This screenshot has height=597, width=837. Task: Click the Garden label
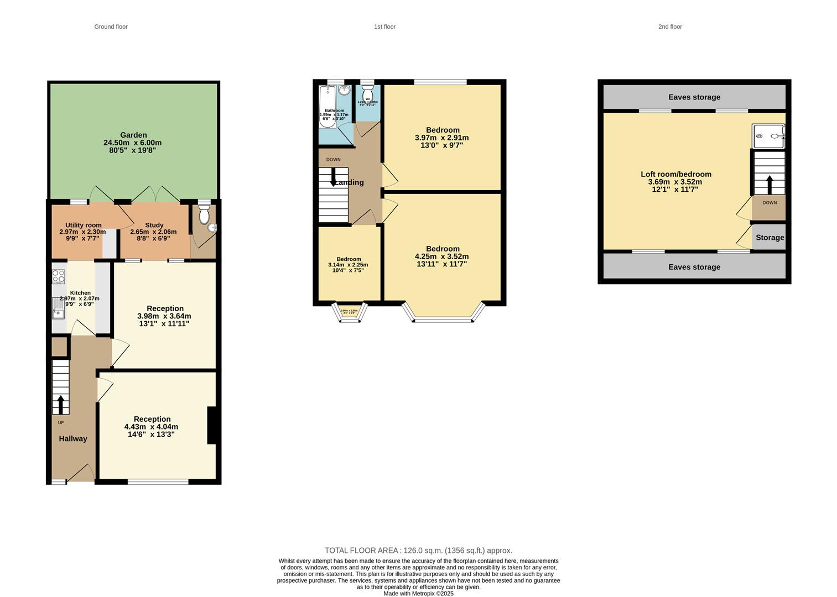(133, 135)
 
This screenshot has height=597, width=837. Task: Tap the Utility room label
(83, 225)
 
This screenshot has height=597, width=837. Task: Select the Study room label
(154, 225)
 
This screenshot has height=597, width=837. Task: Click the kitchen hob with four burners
(59, 276)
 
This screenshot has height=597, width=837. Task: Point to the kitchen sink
(58, 308)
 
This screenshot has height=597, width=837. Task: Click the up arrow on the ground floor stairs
(60, 404)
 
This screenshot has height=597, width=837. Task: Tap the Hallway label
(73, 438)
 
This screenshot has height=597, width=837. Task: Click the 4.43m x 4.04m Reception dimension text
(151, 427)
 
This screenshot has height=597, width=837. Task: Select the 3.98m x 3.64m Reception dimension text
(164, 316)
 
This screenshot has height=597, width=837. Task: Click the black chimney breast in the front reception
(211, 425)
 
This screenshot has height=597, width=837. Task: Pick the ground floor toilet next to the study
(204, 213)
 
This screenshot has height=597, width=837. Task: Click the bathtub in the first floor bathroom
(327, 106)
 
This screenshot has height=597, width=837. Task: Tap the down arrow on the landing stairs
(333, 177)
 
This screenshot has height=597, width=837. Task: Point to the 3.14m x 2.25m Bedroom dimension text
(348, 265)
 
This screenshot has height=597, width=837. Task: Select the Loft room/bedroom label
(676, 174)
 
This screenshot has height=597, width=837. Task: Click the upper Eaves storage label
(694, 97)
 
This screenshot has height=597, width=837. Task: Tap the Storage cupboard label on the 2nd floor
(770, 238)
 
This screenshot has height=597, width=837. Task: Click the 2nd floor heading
(670, 27)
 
